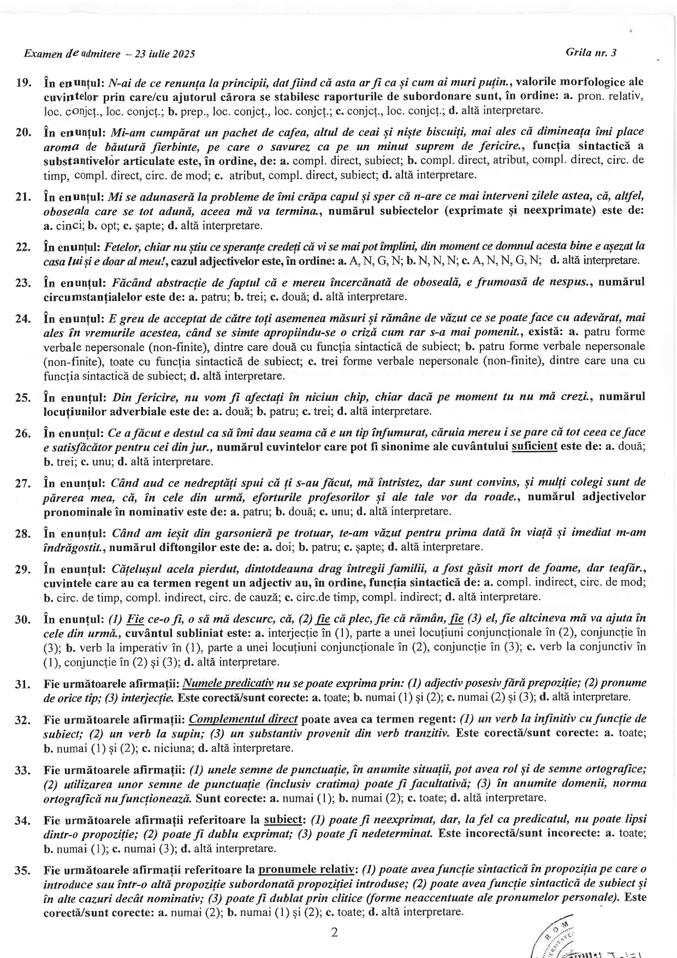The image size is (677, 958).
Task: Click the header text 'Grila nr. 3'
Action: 591,52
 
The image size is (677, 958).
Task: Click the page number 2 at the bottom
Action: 335,932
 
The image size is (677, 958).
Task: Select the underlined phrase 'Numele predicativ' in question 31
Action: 228,683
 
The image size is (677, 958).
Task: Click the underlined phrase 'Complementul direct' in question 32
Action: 243,719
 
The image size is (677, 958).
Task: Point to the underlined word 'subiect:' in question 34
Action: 283,819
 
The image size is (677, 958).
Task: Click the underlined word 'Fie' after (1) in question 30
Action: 135,619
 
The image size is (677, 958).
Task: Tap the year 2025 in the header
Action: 183,54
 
